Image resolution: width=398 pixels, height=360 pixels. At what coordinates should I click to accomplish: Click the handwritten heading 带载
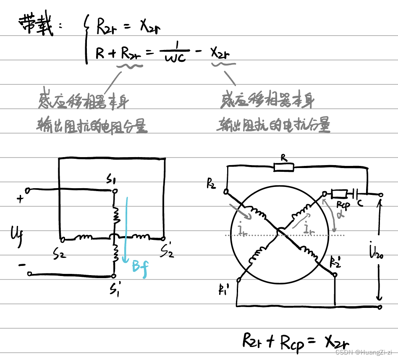click(x=37, y=25)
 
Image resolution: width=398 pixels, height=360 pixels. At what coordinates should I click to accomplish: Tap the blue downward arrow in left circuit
click(x=125, y=227)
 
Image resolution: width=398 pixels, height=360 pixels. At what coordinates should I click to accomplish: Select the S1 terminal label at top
click(x=112, y=181)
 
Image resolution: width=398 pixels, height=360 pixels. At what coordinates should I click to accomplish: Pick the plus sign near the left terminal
click(x=20, y=199)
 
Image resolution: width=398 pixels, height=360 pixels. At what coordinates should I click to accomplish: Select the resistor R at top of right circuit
click(x=284, y=167)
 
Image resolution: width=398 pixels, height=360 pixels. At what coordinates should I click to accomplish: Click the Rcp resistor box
click(x=338, y=194)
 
